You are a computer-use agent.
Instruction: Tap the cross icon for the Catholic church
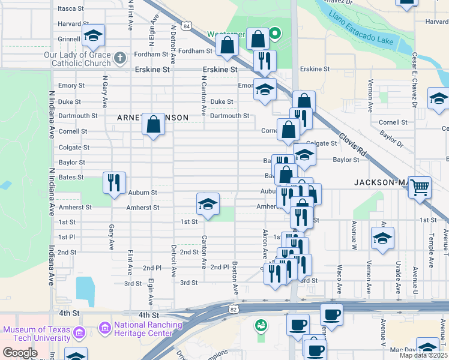tap(120, 58)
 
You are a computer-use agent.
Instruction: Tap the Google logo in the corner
tap(20, 353)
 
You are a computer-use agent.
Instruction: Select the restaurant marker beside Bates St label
tap(114, 182)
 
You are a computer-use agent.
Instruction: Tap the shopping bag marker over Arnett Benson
tap(154, 125)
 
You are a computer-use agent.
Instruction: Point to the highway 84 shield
tap(187, 27)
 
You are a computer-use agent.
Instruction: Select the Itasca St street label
tap(71, 8)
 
